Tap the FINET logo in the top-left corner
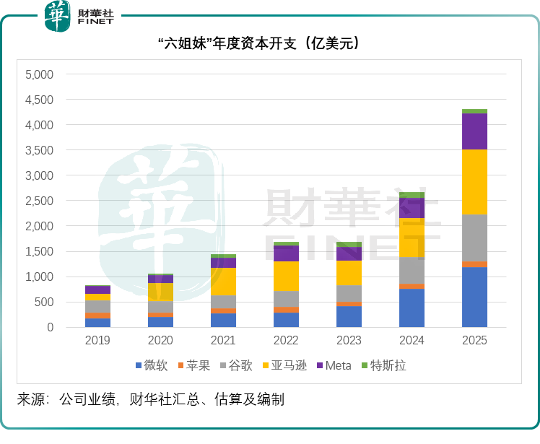click(79, 15)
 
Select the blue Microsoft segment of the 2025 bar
click(474, 297)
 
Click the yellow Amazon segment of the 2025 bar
click(474, 182)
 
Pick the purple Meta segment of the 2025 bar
click(474, 131)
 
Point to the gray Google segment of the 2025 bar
click(474, 238)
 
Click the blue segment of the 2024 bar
click(411, 308)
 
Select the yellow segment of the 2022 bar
click(286, 276)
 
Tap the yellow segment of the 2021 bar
click(223, 282)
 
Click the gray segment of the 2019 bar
click(97, 307)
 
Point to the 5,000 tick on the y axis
click(39, 74)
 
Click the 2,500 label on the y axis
click(39, 201)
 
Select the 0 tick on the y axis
click(50, 327)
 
